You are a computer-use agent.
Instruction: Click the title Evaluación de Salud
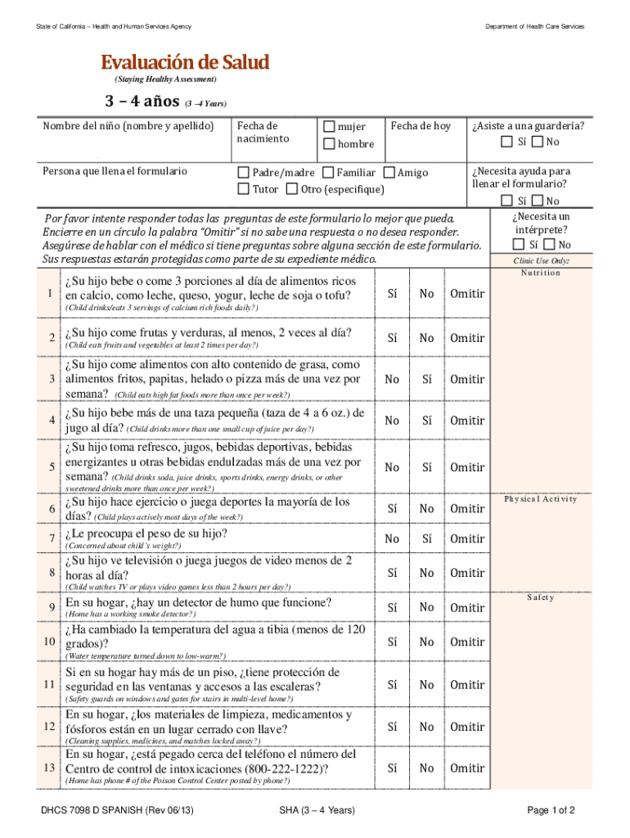coord(184,62)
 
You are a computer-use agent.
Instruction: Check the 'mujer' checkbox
coord(329,127)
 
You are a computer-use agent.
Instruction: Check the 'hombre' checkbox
coord(329,144)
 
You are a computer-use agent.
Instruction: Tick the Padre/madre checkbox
coord(243,173)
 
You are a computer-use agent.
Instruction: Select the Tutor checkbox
coord(243,190)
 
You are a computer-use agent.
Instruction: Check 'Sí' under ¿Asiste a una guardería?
coord(507,142)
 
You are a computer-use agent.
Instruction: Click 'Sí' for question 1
coord(393,294)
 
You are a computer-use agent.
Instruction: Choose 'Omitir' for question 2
coord(467,338)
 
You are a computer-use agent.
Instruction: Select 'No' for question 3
coord(393,380)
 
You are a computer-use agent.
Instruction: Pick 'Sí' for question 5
coord(426,467)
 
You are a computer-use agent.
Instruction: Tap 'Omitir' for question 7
coord(467,538)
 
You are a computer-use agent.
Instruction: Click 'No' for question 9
coord(426,607)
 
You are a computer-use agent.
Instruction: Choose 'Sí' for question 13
coord(393,768)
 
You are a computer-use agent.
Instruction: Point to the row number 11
coord(50,684)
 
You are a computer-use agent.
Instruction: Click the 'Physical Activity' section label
coord(540,498)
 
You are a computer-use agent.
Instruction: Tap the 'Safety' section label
coord(540,597)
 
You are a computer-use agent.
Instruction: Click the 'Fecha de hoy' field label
coord(421,126)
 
